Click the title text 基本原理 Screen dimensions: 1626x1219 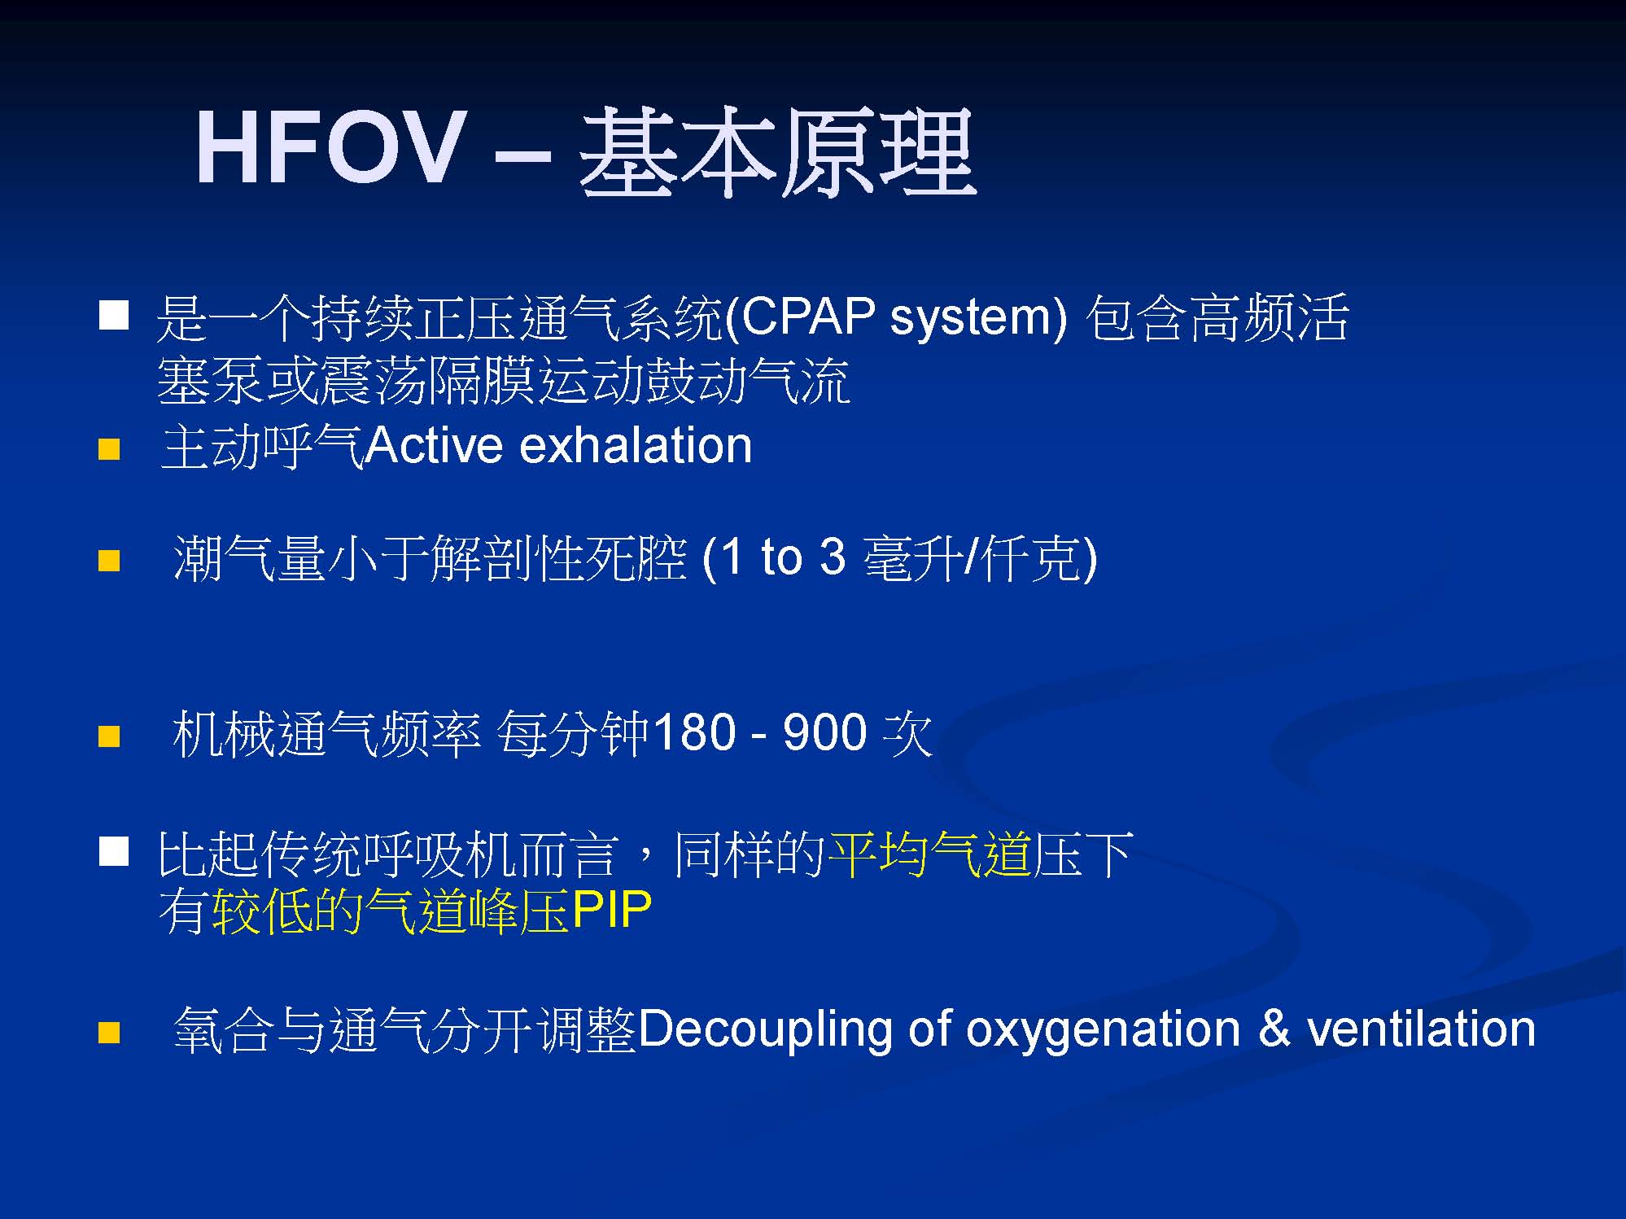(x=777, y=153)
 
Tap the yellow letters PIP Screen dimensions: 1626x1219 (x=612, y=910)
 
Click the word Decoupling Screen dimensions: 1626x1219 (x=765, y=1030)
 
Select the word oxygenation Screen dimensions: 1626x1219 (x=1104, y=1030)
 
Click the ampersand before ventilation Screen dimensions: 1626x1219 (x=1274, y=1029)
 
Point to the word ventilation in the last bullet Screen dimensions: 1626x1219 (x=1421, y=1029)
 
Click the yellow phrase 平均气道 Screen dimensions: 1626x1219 (x=929, y=855)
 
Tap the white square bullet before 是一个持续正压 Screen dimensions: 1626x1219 (x=114, y=314)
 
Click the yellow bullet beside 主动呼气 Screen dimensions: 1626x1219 (x=109, y=449)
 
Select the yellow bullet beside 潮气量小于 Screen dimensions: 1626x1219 (x=109, y=561)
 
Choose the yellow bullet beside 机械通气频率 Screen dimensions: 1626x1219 (x=109, y=736)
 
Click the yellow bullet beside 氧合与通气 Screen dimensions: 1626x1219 (x=109, y=1033)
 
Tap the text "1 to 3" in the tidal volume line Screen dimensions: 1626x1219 (x=783, y=558)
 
